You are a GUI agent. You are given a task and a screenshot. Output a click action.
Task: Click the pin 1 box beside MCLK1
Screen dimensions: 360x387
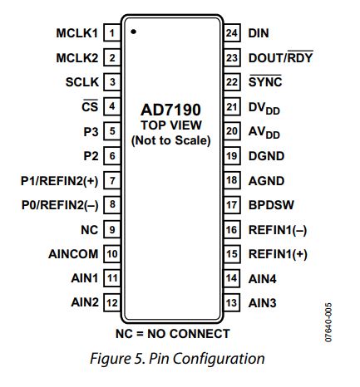[x=112, y=33]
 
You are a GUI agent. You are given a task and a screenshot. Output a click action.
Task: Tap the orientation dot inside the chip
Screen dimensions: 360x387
[x=133, y=32]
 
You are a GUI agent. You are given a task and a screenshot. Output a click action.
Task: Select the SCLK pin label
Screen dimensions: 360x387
[x=82, y=82]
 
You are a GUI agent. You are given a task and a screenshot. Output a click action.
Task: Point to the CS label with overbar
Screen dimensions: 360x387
[x=90, y=105]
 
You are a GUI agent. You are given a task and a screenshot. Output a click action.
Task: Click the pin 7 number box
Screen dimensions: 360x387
[x=112, y=180]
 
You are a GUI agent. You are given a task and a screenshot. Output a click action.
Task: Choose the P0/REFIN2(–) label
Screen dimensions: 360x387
[x=60, y=205]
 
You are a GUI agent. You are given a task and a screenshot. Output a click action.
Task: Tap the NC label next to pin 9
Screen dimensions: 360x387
[x=90, y=230]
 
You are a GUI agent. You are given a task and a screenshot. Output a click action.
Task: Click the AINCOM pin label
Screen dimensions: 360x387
[x=73, y=254]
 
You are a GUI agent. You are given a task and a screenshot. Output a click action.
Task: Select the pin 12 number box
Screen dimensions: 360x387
[x=112, y=302]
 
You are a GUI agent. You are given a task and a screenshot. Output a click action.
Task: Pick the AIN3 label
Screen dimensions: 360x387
[x=262, y=303]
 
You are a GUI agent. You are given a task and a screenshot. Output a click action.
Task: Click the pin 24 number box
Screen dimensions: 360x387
[x=232, y=33]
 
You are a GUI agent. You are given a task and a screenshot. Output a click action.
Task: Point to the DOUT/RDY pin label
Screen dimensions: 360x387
[x=281, y=56]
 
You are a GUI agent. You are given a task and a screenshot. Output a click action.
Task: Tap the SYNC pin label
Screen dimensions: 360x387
[x=265, y=81]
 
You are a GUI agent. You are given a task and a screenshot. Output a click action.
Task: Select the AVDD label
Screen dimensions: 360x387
[x=264, y=132]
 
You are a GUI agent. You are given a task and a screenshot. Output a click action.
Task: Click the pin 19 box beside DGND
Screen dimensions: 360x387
[x=232, y=156]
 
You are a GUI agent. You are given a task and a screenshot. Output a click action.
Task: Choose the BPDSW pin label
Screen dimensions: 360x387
[x=271, y=205]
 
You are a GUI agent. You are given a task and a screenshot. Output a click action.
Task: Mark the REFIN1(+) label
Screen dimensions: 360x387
[x=278, y=254]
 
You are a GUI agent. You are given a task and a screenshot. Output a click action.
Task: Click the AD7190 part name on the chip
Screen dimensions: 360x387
[x=170, y=110]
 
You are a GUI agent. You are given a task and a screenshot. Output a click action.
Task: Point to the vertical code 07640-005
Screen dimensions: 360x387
[x=328, y=322]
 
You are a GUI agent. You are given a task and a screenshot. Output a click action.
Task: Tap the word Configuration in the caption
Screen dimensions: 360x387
[x=219, y=359]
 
